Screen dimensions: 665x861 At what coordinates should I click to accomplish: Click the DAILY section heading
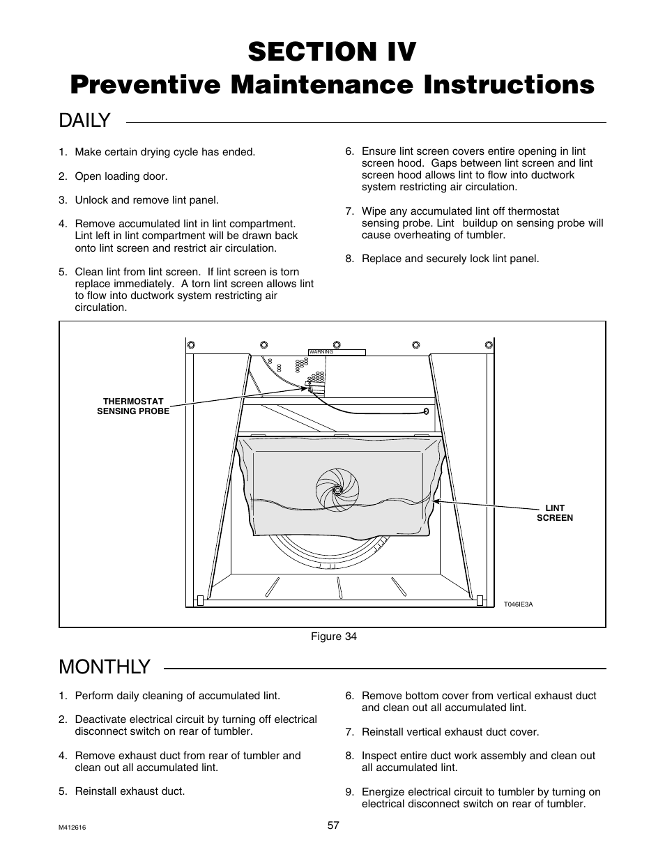(x=84, y=121)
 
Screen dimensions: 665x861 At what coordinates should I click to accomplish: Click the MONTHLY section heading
(x=105, y=667)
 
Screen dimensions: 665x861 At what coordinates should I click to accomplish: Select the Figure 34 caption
(x=332, y=637)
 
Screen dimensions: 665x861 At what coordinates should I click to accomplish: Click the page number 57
(x=333, y=825)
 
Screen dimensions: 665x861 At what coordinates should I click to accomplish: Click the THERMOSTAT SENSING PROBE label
(x=133, y=406)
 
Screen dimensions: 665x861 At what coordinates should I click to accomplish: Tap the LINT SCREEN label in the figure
(x=555, y=513)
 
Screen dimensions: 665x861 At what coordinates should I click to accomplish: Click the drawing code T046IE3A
(x=518, y=604)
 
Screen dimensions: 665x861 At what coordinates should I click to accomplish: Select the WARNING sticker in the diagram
(x=337, y=352)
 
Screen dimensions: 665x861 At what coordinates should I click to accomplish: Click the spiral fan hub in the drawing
(x=337, y=489)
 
